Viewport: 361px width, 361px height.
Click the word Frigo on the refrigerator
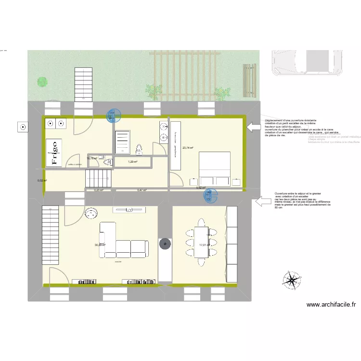54,153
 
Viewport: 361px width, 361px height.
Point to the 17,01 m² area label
204,245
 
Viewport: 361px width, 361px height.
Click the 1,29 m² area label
132,162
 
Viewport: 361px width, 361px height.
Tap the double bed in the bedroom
215,168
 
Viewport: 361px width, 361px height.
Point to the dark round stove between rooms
165,244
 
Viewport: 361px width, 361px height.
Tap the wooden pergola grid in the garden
183,72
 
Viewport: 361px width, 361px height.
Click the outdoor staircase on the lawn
83,84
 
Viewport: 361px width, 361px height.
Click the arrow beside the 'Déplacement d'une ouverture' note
253,127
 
